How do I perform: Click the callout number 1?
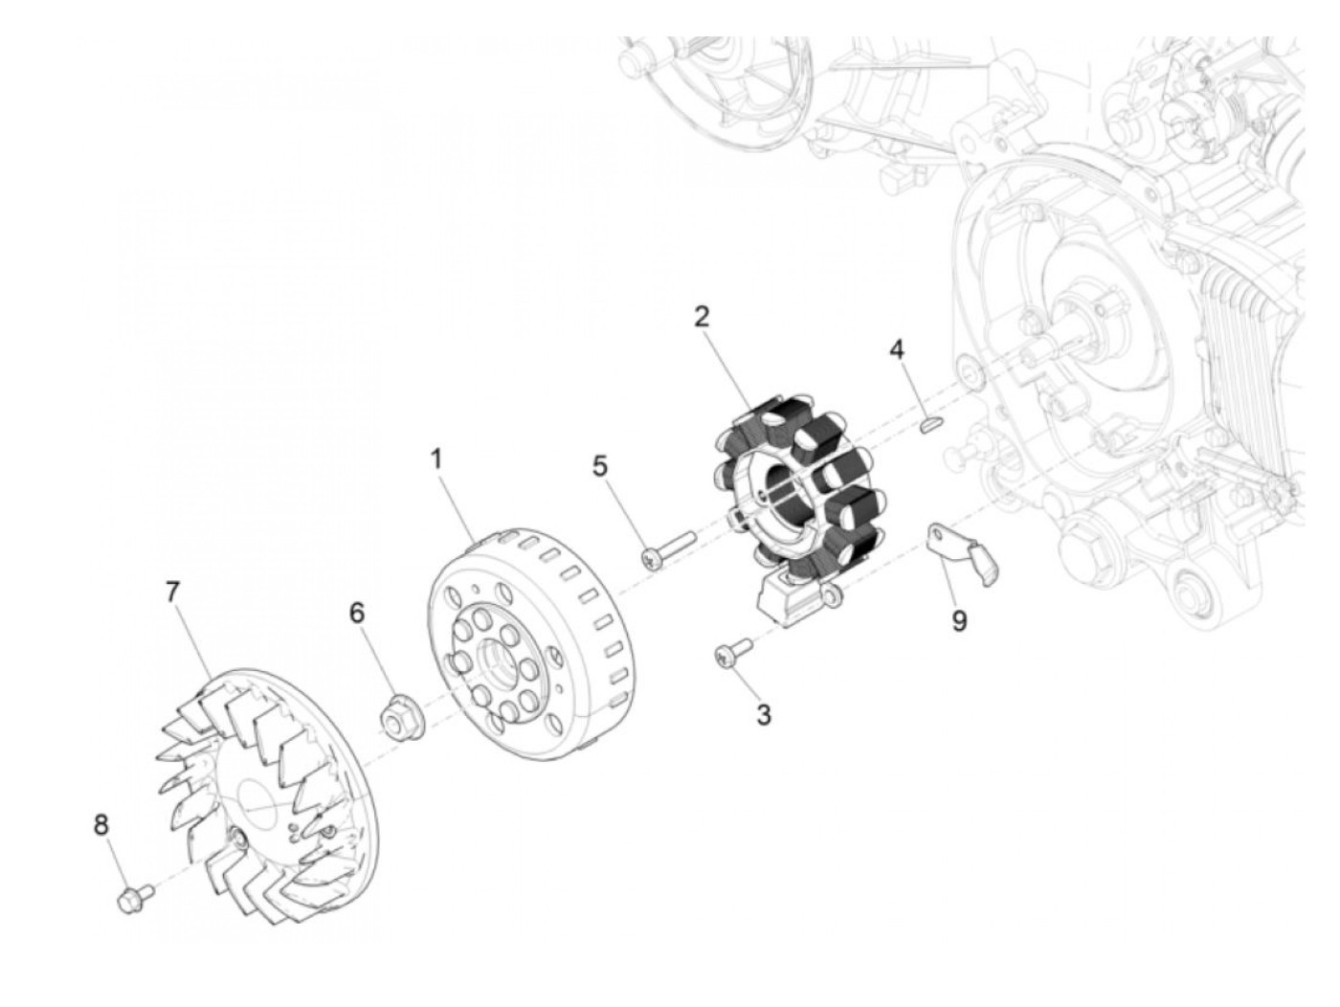coord(436,459)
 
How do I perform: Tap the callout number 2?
coord(702,317)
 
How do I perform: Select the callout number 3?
coord(763,714)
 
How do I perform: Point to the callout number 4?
coord(896,349)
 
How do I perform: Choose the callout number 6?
coord(357,613)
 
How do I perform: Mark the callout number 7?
coord(172,592)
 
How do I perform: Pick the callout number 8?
coord(101,824)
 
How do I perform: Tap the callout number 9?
coord(959,621)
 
